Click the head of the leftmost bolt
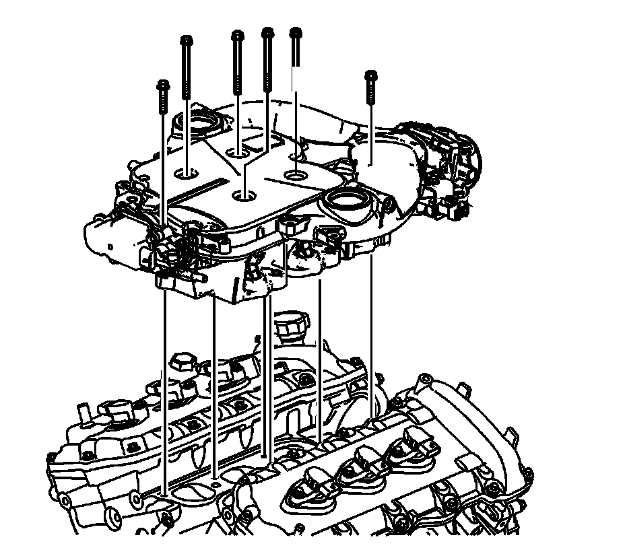point(162,85)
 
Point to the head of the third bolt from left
point(236,34)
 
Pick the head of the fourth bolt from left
point(267,32)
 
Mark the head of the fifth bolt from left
point(294,32)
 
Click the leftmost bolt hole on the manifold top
point(187,174)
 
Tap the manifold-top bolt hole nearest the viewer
point(244,196)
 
